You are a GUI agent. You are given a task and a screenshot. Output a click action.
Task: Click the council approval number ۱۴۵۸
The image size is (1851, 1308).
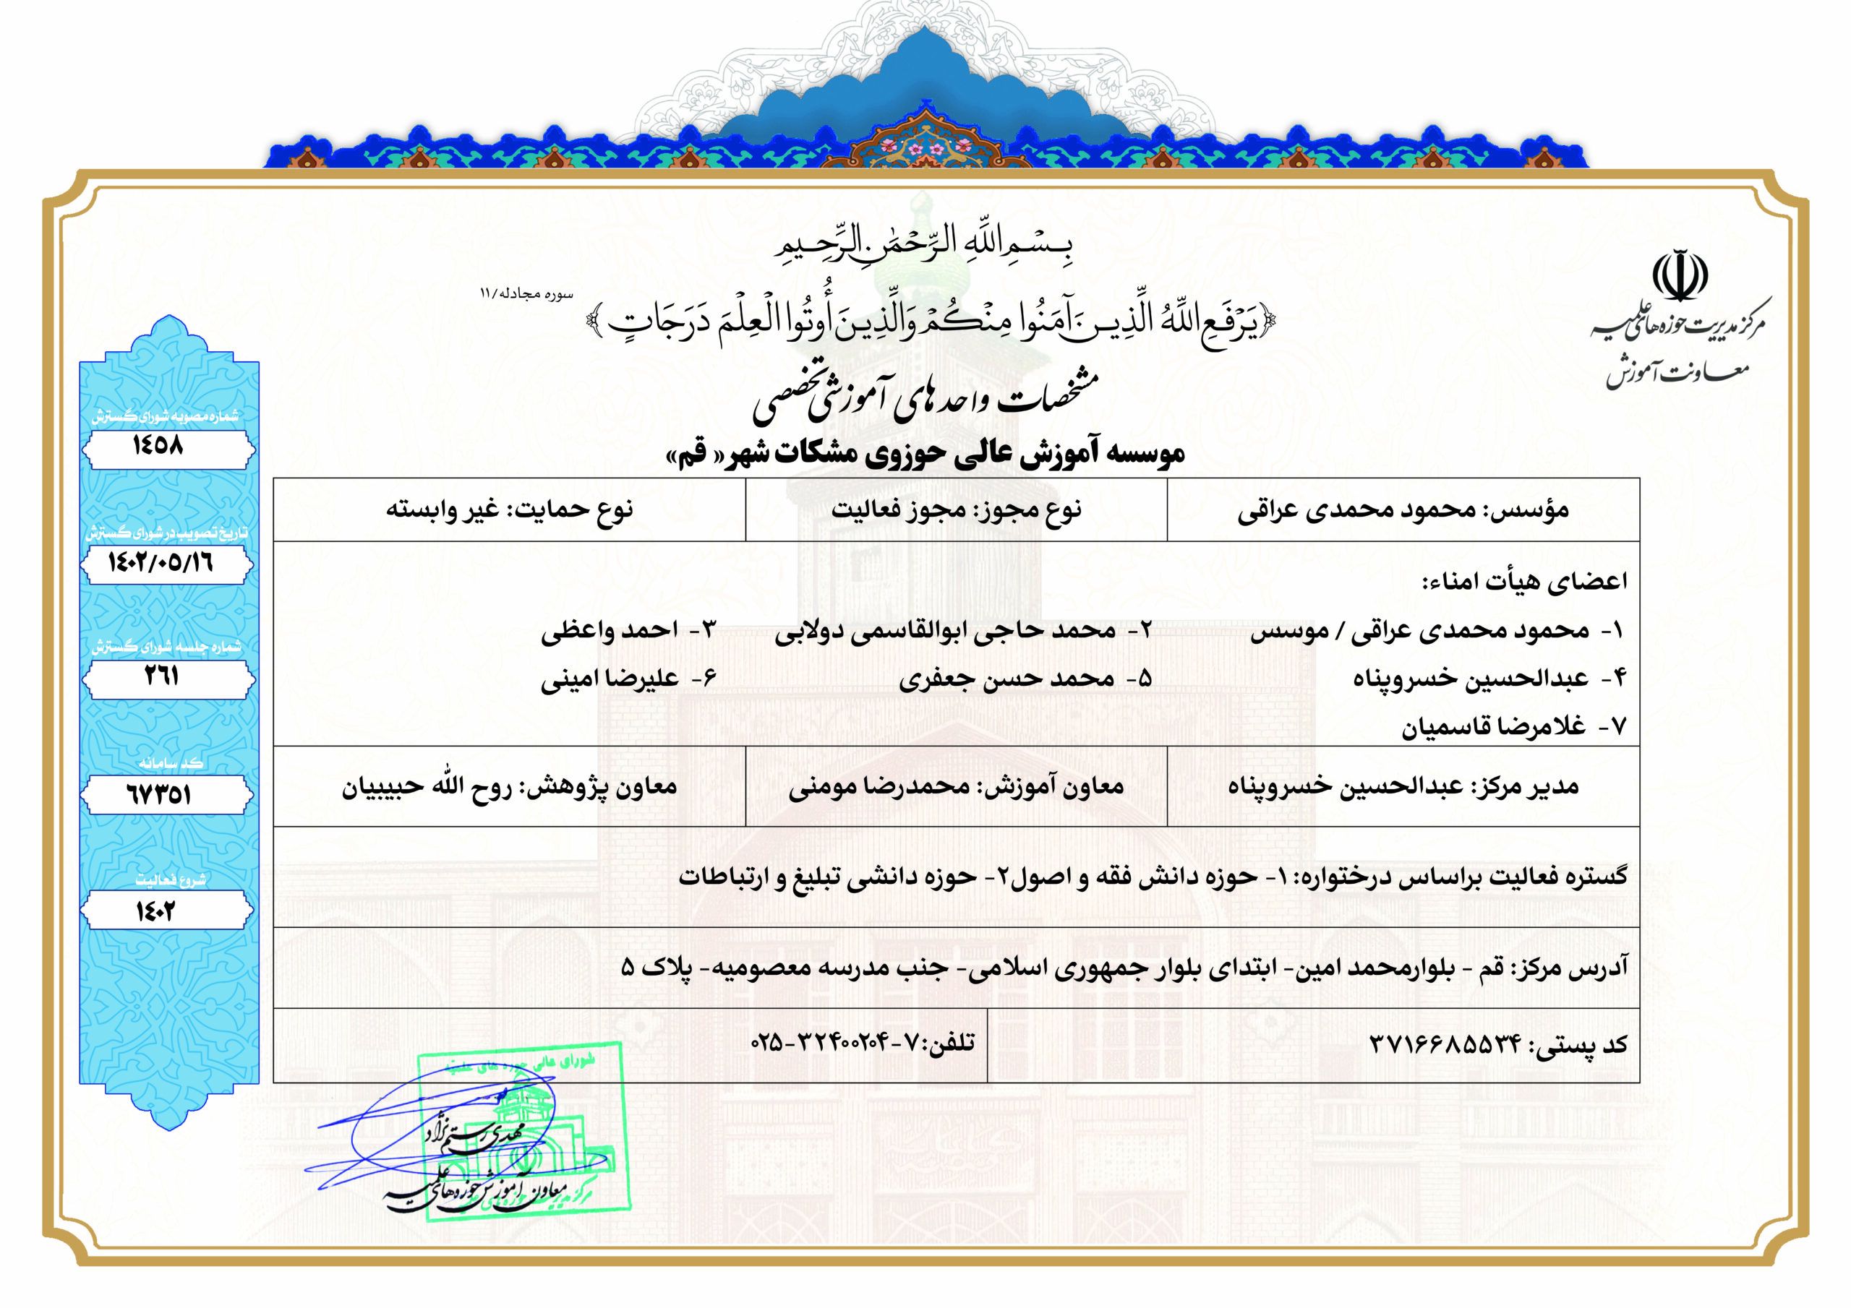[x=159, y=445]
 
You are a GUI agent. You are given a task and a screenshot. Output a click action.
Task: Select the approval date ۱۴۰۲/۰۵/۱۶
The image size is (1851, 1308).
[x=161, y=562]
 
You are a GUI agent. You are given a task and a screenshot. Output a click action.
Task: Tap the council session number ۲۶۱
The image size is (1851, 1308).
[x=161, y=676]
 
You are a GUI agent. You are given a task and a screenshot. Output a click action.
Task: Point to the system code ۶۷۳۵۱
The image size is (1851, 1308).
[x=159, y=795]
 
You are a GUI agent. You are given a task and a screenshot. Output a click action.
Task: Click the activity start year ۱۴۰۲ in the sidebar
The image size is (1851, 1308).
[x=155, y=911]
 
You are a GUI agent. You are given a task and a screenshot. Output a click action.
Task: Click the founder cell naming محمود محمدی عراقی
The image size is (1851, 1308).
[x=1403, y=510]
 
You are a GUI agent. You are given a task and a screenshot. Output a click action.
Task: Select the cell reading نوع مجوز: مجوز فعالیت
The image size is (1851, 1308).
[x=956, y=510]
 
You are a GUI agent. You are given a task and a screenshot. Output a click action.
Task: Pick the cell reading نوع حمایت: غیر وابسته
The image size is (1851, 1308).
[x=509, y=510]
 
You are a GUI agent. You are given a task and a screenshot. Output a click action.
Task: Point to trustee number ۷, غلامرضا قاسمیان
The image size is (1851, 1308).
[x=1513, y=728]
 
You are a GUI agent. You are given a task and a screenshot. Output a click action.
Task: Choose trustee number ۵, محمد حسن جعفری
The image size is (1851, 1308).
[x=1024, y=679]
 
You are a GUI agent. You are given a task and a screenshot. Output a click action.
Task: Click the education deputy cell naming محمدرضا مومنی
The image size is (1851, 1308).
[x=956, y=786]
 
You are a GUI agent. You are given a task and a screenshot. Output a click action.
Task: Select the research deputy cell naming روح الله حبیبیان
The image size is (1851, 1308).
[x=509, y=786]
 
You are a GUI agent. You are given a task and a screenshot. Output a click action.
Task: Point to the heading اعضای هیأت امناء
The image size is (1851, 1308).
[x=1523, y=581]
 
